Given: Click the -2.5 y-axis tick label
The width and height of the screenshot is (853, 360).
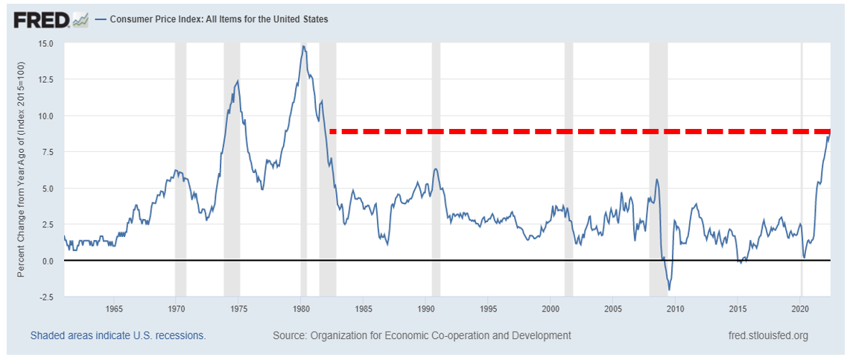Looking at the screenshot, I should click(45, 297).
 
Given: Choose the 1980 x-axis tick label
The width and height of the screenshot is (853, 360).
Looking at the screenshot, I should click(301, 309).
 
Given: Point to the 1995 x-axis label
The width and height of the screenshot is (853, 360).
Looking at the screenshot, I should click(488, 309).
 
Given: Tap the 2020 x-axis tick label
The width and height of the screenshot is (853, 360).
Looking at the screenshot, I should click(800, 309).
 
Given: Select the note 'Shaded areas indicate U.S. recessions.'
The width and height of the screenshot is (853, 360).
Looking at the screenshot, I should click(118, 335).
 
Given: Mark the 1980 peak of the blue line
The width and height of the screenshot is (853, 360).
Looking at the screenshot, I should click(303, 46).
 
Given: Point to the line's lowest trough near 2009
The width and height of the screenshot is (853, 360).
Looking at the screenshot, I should click(669, 290).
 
